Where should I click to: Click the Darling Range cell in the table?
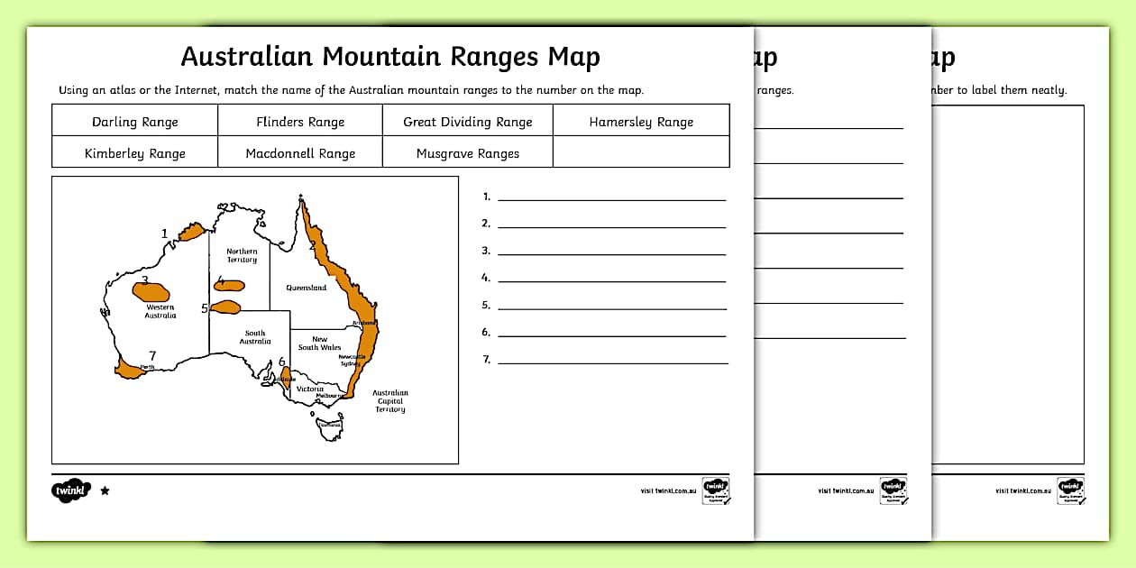pos(135,122)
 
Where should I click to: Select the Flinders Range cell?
pos(300,122)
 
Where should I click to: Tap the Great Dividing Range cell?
pos(468,122)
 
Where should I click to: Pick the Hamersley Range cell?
pos(641,122)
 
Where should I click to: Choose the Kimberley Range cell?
pos(135,153)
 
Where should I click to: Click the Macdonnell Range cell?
pos(300,153)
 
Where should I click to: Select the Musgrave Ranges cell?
pos(468,153)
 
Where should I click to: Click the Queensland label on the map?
pos(307,288)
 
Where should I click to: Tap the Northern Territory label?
pos(242,255)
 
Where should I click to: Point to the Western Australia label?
pos(160,311)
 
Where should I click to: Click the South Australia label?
pos(255,337)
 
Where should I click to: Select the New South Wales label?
pos(320,344)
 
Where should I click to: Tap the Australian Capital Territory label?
pos(390,401)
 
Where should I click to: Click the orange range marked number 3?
pos(151,291)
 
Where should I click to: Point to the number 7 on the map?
pos(152,355)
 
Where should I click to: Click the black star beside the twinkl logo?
pos(105,490)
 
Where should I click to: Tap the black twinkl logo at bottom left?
pos(71,490)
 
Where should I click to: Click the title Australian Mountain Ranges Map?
pos(390,57)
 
